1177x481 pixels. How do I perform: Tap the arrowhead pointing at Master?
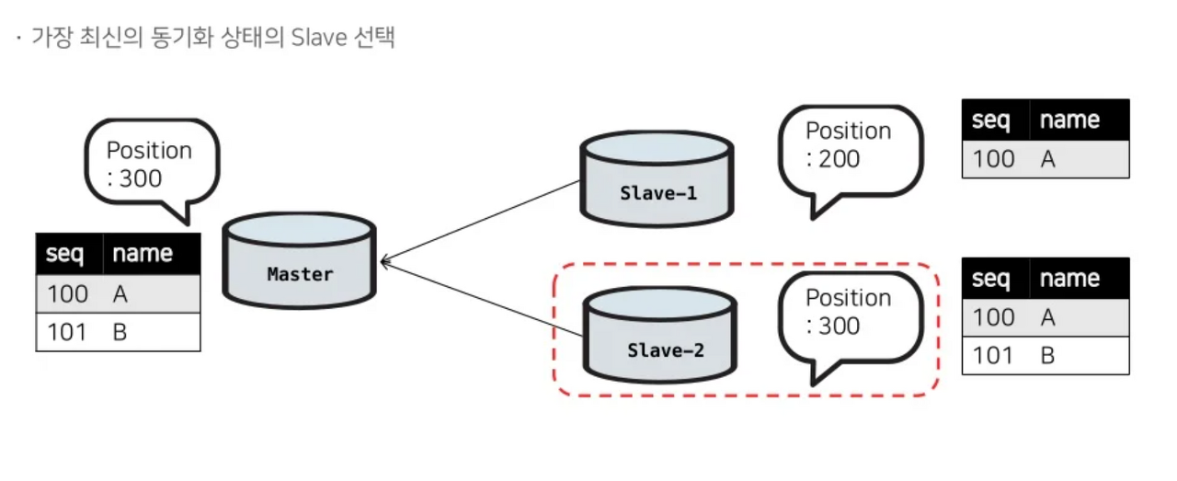385,262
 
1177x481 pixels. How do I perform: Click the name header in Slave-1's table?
1069,120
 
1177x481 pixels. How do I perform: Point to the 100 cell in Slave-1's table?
993,159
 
